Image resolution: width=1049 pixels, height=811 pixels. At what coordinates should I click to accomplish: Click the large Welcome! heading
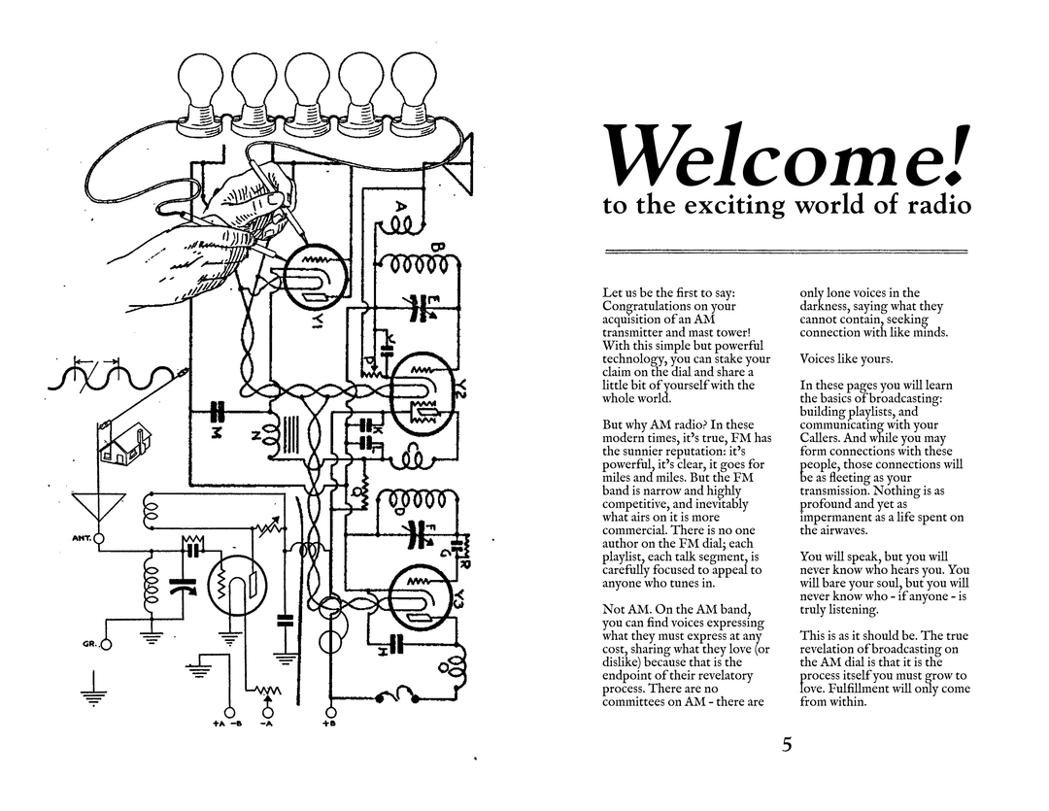[786, 154]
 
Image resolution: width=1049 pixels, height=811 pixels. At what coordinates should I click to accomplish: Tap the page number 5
[787, 746]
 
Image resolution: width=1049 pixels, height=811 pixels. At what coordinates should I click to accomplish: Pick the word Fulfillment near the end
[857, 689]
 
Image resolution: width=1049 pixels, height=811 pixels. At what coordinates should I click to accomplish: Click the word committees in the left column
[641, 701]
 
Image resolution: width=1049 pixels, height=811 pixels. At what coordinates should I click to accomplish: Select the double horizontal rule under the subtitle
[786, 252]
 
